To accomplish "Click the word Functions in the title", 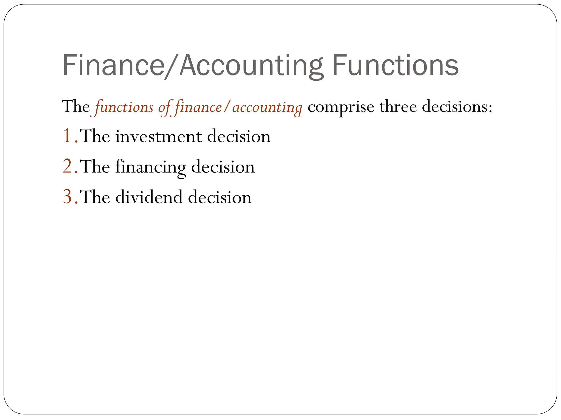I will pos(395,66).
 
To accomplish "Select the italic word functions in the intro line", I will pos(124,107).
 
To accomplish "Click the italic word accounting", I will pos(267,107).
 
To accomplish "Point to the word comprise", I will pos(341,107).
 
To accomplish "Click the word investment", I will pos(159,136).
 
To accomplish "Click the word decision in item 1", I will pos(239,136).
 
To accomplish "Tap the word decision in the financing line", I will pos(223,167).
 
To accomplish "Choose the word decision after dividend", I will pos(220,197).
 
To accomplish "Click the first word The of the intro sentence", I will pos(76,107).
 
